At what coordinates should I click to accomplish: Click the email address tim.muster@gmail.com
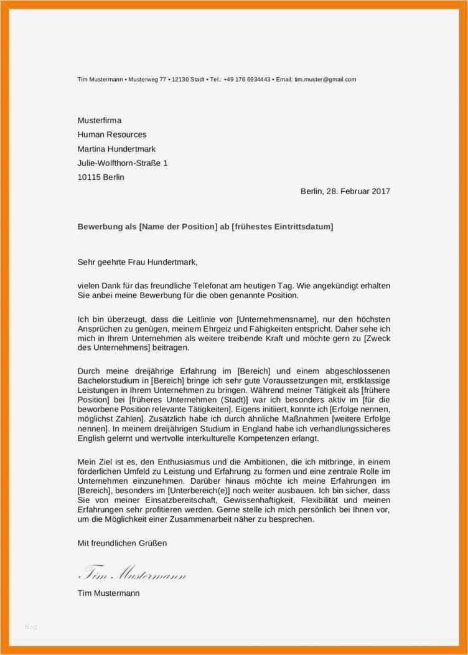tap(325, 80)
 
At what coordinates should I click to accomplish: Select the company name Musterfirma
tap(100, 120)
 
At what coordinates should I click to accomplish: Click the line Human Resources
tap(112, 134)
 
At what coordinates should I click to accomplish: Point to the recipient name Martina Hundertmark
tap(116, 149)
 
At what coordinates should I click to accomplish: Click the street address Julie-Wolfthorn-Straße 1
tap(122, 163)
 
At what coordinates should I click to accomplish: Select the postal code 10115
tap(88, 177)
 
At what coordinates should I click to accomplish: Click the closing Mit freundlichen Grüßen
tap(122, 543)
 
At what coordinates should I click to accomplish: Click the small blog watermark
tap(31, 627)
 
